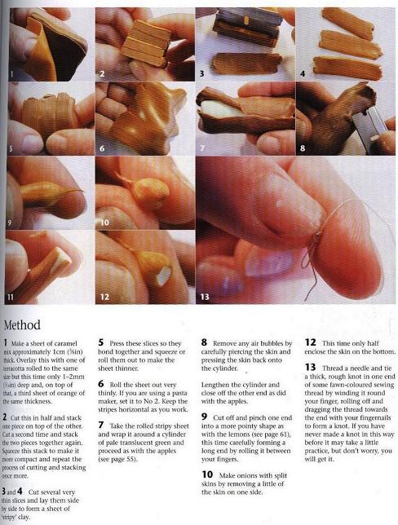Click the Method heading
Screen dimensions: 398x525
(22, 325)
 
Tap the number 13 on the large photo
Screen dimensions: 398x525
(205, 297)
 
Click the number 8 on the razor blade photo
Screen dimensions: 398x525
(303, 148)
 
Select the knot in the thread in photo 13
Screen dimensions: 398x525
(315, 238)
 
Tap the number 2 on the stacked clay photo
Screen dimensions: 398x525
(102, 73)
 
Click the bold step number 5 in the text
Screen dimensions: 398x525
(101, 342)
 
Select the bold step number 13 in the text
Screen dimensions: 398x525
(310, 368)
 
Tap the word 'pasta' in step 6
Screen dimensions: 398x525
(179, 393)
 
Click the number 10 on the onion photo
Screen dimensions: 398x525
(104, 223)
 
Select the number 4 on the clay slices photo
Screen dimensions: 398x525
(303, 73)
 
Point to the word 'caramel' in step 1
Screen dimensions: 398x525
(65, 343)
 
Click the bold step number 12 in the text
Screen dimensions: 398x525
(310, 342)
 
